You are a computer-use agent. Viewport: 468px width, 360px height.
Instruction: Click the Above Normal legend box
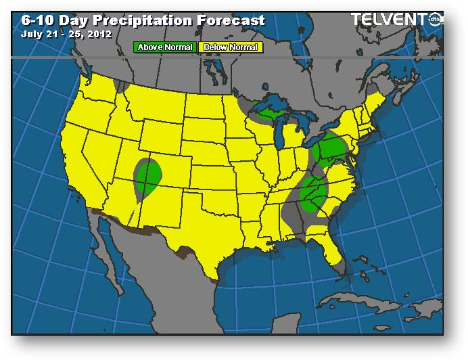click(x=166, y=47)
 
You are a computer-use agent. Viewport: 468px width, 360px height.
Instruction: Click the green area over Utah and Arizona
click(x=147, y=175)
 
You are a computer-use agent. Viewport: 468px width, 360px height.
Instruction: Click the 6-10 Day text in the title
click(x=47, y=20)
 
